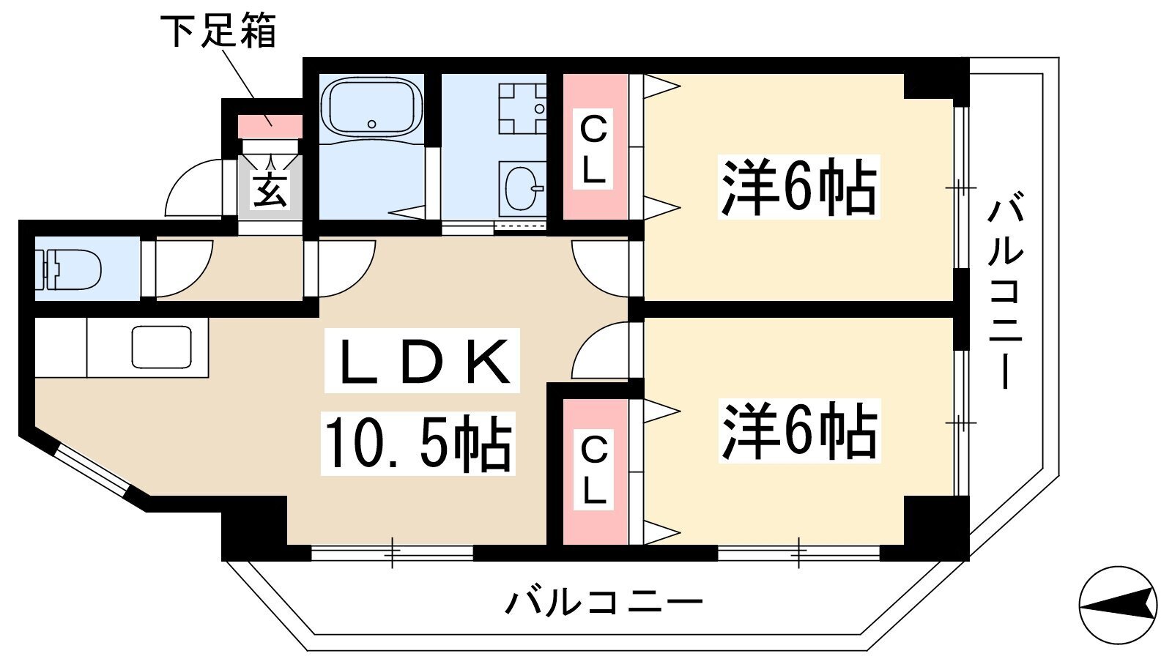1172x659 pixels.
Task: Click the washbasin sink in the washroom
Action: click(521, 187)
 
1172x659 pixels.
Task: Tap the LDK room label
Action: click(422, 361)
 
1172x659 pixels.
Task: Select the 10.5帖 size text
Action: click(418, 444)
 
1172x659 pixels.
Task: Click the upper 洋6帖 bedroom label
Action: click(798, 187)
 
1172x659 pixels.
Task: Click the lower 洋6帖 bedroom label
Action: click(799, 431)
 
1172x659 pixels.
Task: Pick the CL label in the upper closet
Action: click(594, 149)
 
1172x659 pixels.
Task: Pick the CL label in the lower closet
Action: click(593, 469)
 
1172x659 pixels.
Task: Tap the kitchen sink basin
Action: click(162, 347)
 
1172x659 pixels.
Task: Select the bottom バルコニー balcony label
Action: click(604, 603)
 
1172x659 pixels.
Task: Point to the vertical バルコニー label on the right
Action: click(1005, 291)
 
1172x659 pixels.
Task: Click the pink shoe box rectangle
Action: click(270, 127)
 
